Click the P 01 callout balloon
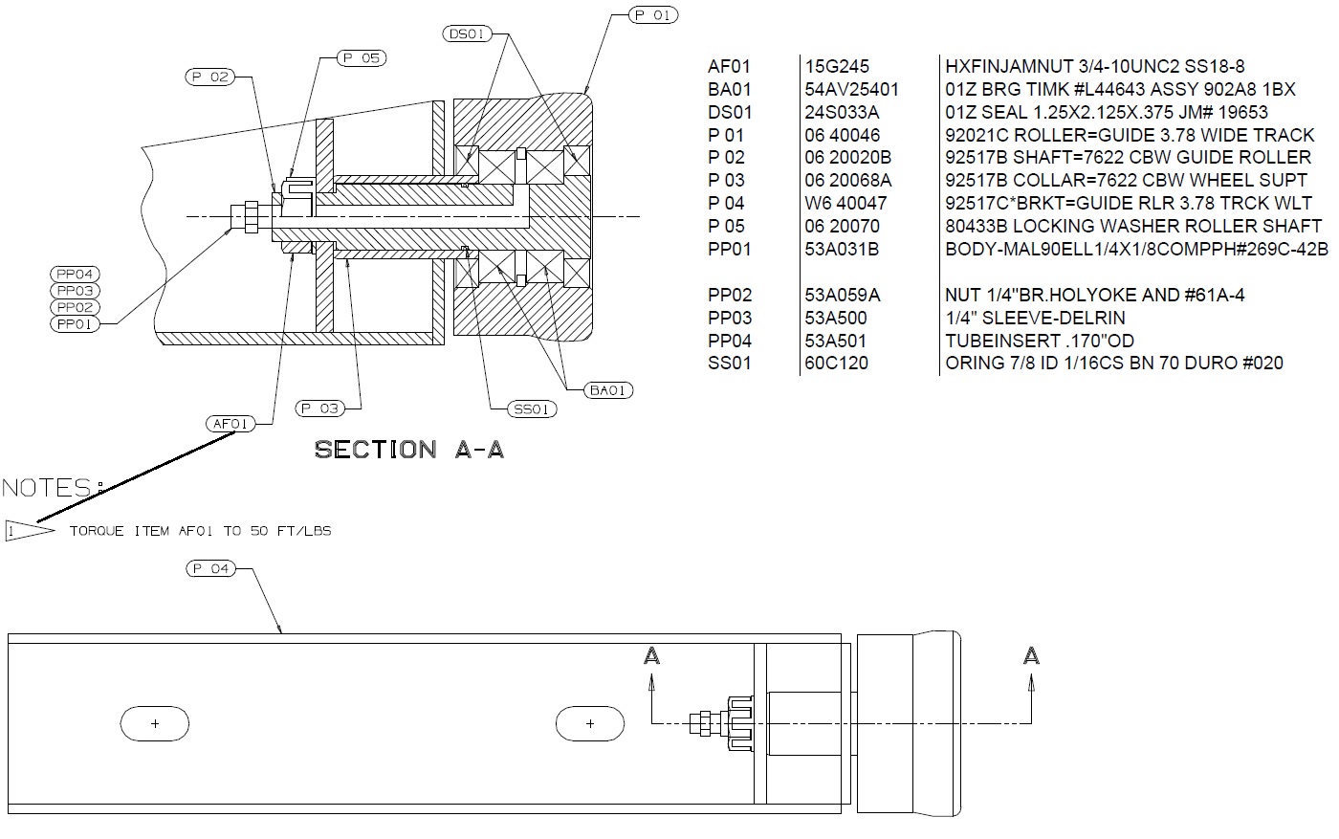[653, 15]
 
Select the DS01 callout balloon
[467, 33]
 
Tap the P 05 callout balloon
[362, 58]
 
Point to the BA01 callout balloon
[608, 390]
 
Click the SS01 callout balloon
[532, 409]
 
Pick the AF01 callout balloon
[230, 424]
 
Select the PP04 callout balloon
[75, 274]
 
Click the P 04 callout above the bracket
[211, 568]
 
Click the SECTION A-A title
[409, 450]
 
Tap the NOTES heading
[53, 488]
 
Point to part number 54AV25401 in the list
[851, 89]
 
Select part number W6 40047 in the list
[845, 204]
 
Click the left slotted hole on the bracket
[155, 723]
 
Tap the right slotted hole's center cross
[591, 723]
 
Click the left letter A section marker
[651, 656]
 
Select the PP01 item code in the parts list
[729, 249]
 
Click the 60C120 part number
[836, 363]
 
